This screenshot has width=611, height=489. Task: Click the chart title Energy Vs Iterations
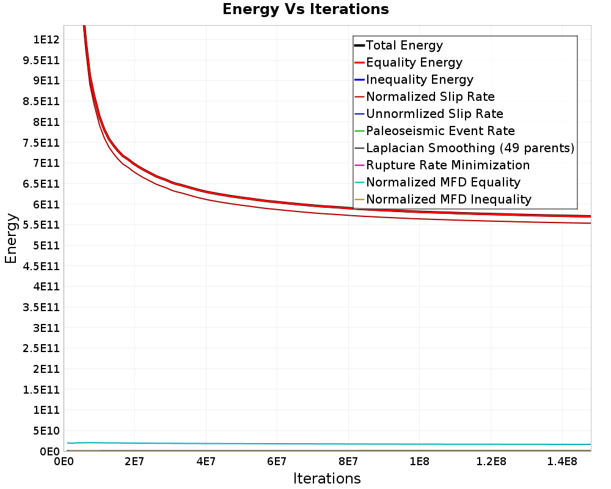pyautogui.click(x=305, y=9)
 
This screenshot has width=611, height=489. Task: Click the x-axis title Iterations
pyautogui.click(x=327, y=478)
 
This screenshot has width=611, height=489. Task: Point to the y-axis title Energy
pyautogui.click(x=11, y=238)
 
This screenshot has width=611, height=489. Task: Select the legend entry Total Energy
pyautogui.click(x=399, y=45)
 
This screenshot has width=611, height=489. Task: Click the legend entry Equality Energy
pyautogui.click(x=409, y=62)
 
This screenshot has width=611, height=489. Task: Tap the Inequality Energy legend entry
pyautogui.click(x=414, y=79)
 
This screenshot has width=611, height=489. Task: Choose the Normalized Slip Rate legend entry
pyautogui.click(x=425, y=97)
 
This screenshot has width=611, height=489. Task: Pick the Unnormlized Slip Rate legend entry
pyautogui.click(x=429, y=114)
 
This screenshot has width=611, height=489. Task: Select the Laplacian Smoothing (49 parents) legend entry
pyautogui.click(x=464, y=148)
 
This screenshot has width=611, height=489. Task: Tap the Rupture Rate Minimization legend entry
pyautogui.click(x=442, y=165)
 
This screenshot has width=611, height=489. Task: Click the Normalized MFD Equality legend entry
pyautogui.click(x=437, y=183)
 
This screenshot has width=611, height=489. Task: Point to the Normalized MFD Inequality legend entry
pyautogui.click(x=443, y=200)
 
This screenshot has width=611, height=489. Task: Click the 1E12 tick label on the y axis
pyautogui.click(x=46, y=39)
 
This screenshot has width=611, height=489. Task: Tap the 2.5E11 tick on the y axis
pyautogui.click(x=42, y=348)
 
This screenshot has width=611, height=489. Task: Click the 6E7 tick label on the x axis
pyautogui.click(x=277, y=462)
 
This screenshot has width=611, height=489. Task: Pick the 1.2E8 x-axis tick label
pyautogui.click(x=491, y=462)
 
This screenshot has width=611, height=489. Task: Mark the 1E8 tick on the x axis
pyautogui.click(x=419, y=462)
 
